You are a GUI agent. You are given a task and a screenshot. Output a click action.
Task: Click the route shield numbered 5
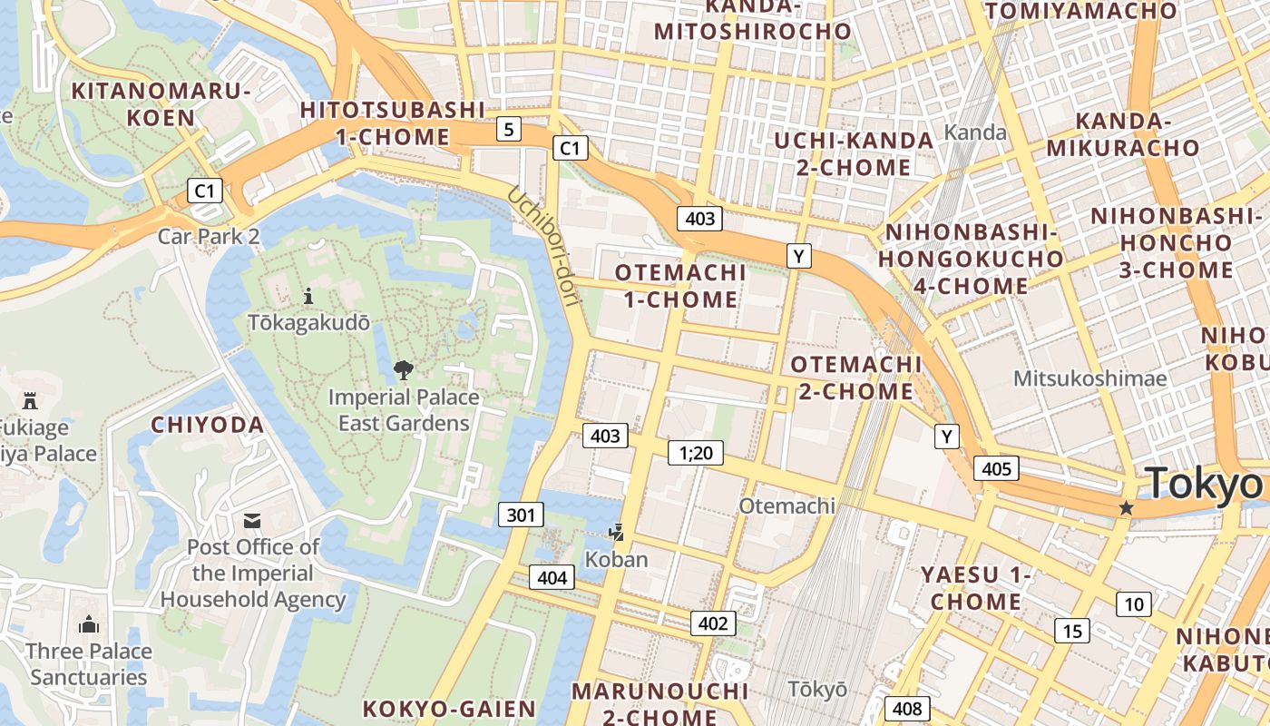click(509, 130)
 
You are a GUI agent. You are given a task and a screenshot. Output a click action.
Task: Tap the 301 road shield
click(521, 515)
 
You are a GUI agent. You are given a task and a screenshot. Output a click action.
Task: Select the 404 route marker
click(552, 578)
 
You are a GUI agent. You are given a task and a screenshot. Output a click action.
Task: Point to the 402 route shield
click(713, 623)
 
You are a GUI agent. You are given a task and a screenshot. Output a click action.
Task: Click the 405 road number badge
click(996, 469)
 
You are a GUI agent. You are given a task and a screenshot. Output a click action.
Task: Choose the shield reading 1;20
click(695, 452)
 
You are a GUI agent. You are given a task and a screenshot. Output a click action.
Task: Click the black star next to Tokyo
click(1127, 508)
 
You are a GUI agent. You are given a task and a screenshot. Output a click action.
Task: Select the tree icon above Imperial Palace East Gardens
click(403, 369)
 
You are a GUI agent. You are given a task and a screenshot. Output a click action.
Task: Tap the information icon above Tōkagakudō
click(308, 296)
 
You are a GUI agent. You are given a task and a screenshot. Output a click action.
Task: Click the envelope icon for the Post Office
click(252, 520)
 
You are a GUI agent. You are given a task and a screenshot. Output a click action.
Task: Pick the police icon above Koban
click(617, 532)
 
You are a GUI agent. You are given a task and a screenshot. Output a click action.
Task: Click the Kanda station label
click(975, 132)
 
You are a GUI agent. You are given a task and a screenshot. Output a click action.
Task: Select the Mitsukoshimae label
click(1090, 378)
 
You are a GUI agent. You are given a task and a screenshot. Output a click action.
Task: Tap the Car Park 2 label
click(209, 237)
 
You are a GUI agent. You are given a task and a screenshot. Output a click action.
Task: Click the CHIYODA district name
click(207, 425)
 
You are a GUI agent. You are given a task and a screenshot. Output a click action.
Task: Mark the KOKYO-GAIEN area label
click(449, 709)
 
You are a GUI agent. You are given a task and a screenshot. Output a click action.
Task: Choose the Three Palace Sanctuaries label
click(89, 664)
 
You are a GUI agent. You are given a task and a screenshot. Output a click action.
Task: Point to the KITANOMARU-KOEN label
click(161, 104)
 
